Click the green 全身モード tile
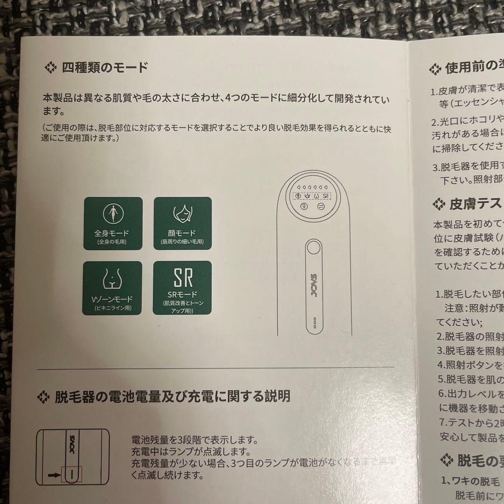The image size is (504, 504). pyautogui.click(x=112, y=223)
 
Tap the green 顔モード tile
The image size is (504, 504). pyautogui.click(x=182, y=223)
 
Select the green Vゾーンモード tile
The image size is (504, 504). pyautogui.click(x=112, y=288)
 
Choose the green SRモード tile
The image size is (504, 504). pyautogui.click(x=182, y=288)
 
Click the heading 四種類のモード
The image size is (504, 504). pyautogui.click(x=105, y=68)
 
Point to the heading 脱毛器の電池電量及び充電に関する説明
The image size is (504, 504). pyautogui.click(x=172, y=397)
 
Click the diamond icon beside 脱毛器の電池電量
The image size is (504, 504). pyautogui.click(x=43, y=397)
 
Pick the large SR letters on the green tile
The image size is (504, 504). pyautogui.click(x=182, y=278)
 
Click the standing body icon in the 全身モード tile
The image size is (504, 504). pyautogui.click(x=112, y=214)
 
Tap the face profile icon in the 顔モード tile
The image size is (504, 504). pyautogui.click(x=182, y=214)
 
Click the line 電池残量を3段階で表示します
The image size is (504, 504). pyautogui.click(x=195, y=440)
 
